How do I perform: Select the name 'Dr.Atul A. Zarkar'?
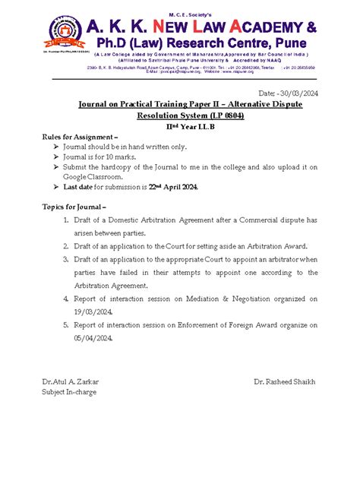click(x=70, y=381)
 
